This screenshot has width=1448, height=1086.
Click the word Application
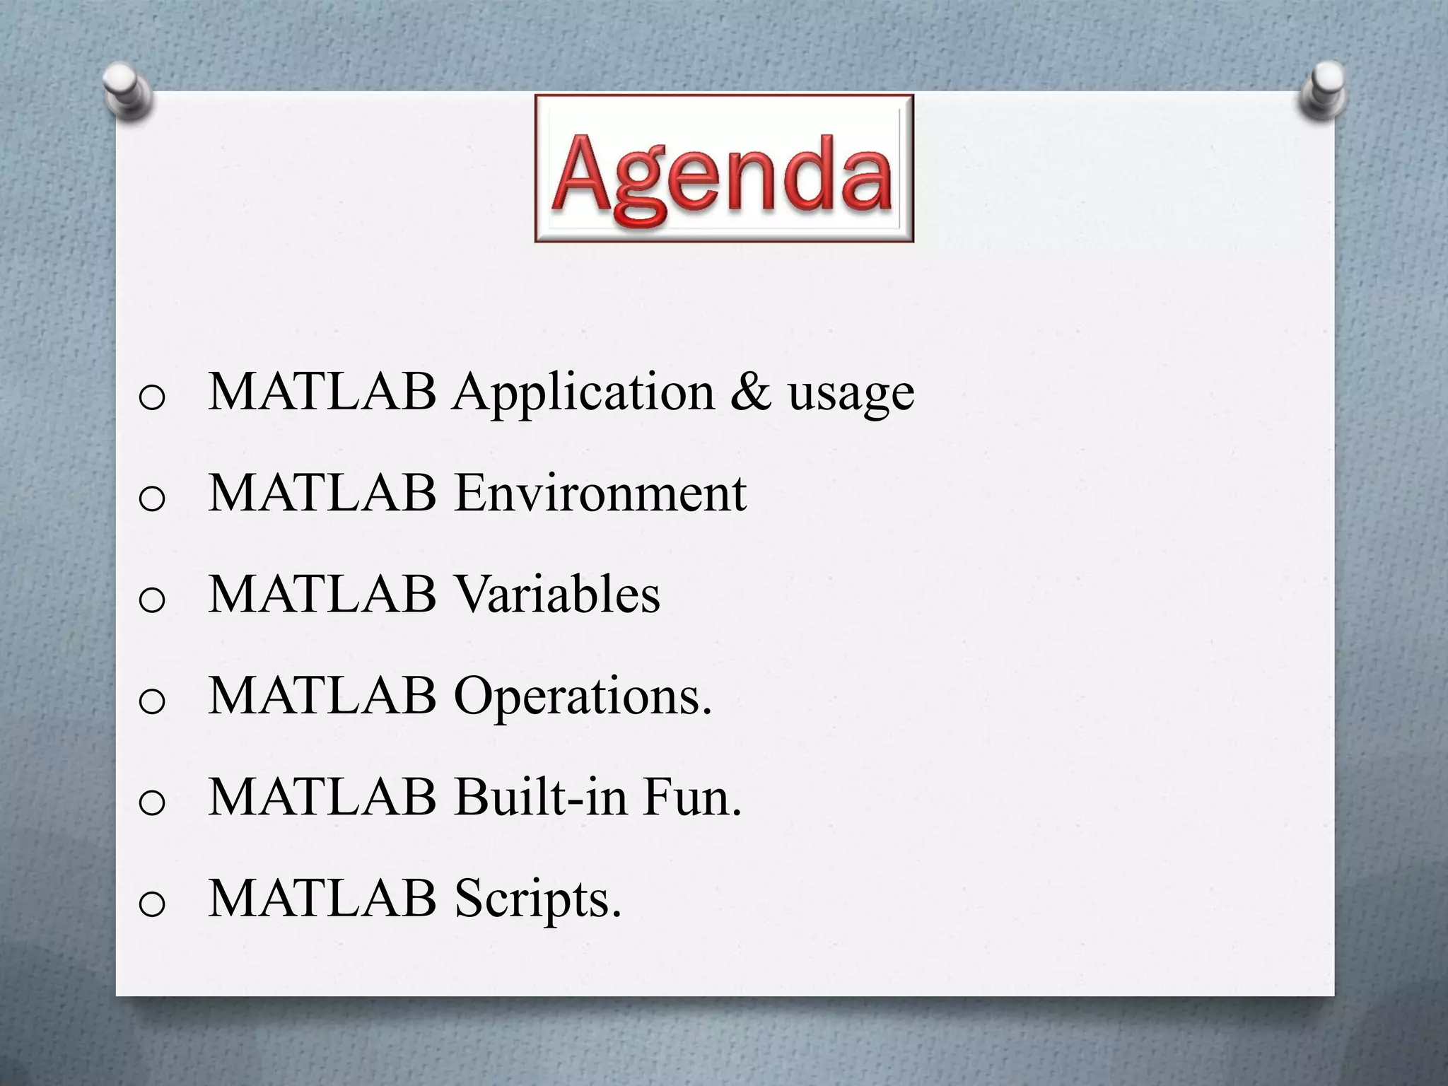click(x=584, y=393)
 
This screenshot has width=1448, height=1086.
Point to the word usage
click(x=851, y=396)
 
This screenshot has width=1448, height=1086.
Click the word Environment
click(x=600, y=493)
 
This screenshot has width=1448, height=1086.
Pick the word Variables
click(x=556, y=595)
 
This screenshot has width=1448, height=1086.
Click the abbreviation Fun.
click(x=692, y=798)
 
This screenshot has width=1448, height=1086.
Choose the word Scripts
click(x=538, y=900)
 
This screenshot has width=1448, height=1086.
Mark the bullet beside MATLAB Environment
click(x=152, y=499)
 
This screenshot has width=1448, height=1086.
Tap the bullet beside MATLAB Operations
click(x=152, y=702)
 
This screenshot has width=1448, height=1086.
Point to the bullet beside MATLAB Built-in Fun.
click(x=152, y=803)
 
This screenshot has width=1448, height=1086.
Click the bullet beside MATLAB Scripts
click(x=152, y=904)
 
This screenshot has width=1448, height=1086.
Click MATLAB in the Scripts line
click(x=322, y=899)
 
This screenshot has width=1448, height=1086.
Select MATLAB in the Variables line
click(x=322, y=595)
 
